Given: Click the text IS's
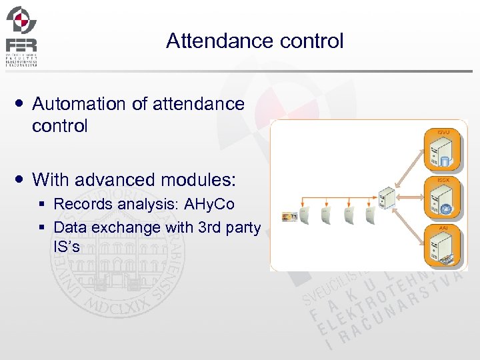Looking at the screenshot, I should (x=67, y=247).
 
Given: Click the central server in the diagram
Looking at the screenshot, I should (x=385, y=198).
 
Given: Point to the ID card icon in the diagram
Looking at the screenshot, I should (x=289, y=215).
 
